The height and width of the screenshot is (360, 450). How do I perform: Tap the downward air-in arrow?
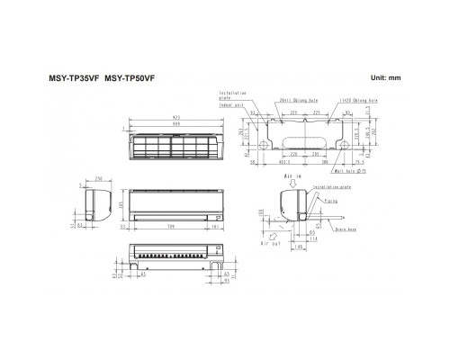pyautogui.click(x=290, y=185)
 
